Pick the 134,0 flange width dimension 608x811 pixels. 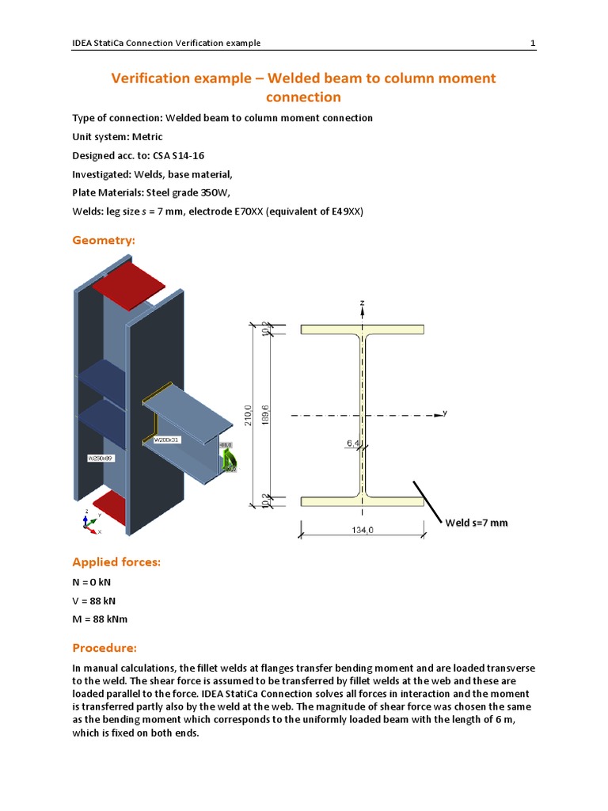362,531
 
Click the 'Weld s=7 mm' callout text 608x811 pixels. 476,523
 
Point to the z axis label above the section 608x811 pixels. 362,303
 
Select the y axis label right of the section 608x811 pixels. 445,413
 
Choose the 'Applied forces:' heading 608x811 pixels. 116,562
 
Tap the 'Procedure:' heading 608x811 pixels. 104,648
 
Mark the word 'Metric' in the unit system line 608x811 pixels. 147,137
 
